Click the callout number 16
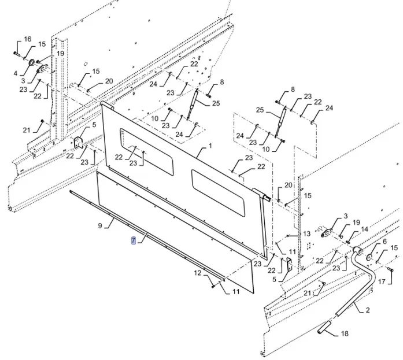tap(27, 39)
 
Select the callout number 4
tap(16, 73)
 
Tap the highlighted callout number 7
tap(134, 240)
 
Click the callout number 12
tap(197, 273)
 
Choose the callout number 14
tap(364, 229)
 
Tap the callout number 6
tap(384, 241)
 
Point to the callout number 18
tap(345, 333)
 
